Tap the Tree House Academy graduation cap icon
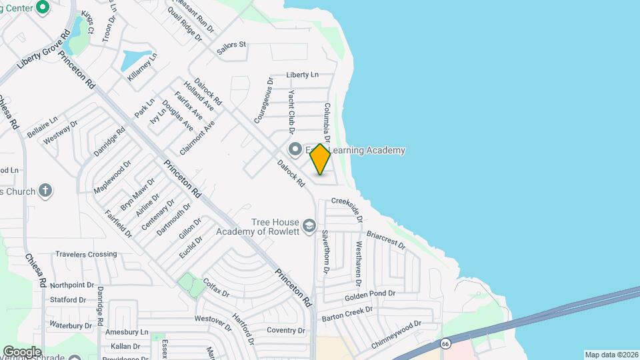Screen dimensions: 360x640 pos(309,227)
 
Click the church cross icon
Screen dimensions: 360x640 pos(45,191)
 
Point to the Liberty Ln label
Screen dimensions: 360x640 pos(303,75)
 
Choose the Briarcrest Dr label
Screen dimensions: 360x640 pos(386,240)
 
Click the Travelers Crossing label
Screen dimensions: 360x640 pos(86,254)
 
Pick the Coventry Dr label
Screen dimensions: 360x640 pos(285,331)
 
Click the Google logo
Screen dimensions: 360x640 pos(22,351)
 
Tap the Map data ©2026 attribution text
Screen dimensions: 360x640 pos(611,355)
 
